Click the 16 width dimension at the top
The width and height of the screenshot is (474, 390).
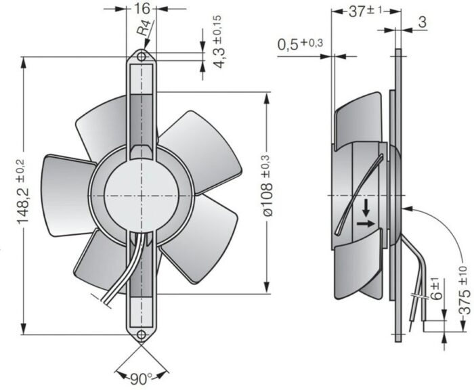(143, 9)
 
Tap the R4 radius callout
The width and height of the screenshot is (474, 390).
(143, 31)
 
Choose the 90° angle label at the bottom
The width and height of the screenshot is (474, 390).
(141, 378)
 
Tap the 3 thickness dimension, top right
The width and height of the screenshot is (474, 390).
(422, 22)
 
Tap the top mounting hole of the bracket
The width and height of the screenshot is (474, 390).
(143, 57)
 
